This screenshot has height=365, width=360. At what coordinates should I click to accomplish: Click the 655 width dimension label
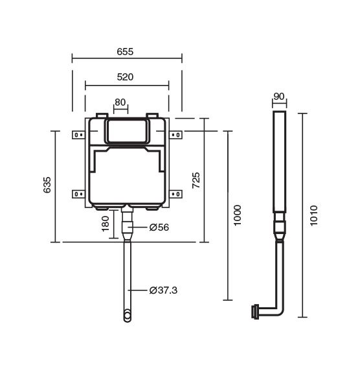click(125, 51)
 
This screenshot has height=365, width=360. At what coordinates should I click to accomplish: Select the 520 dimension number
click(125, 77)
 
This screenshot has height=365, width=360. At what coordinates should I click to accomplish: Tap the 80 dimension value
click(120, 102)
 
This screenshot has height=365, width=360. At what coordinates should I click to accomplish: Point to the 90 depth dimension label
click(279, 97)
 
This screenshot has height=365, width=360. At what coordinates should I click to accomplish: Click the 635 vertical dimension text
click(47, 185)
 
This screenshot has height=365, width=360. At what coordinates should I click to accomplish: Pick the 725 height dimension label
click(196, 180)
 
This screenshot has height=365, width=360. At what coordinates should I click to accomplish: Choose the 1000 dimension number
click(238, 215)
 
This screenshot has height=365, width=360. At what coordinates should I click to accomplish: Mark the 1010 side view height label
click(314, 215)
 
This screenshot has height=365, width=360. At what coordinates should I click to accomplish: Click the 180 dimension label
click(106, 224)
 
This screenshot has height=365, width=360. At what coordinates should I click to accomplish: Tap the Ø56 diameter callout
click(159, 227)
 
